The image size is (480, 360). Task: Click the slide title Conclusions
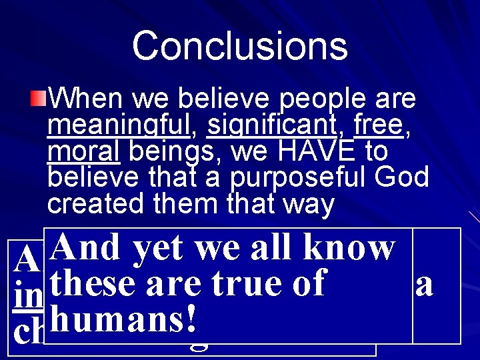(239, 46)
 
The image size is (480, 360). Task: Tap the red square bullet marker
(39, 101)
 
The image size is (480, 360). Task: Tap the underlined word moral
(83, 152)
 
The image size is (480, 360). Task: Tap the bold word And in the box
(87, 248)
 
